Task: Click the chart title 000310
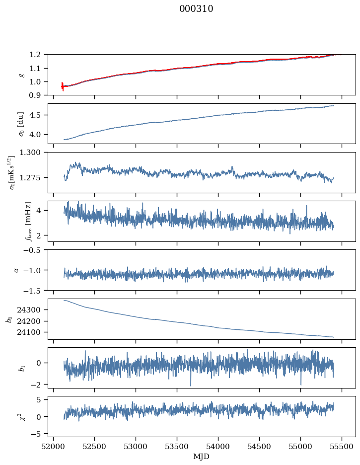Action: (x=196, y=9)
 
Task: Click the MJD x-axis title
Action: (x=202, y=457)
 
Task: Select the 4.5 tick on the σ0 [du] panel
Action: (x=38, y=115)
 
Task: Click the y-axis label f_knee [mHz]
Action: (x=28, y=221)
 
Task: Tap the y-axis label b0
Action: (x=9, y=319)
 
